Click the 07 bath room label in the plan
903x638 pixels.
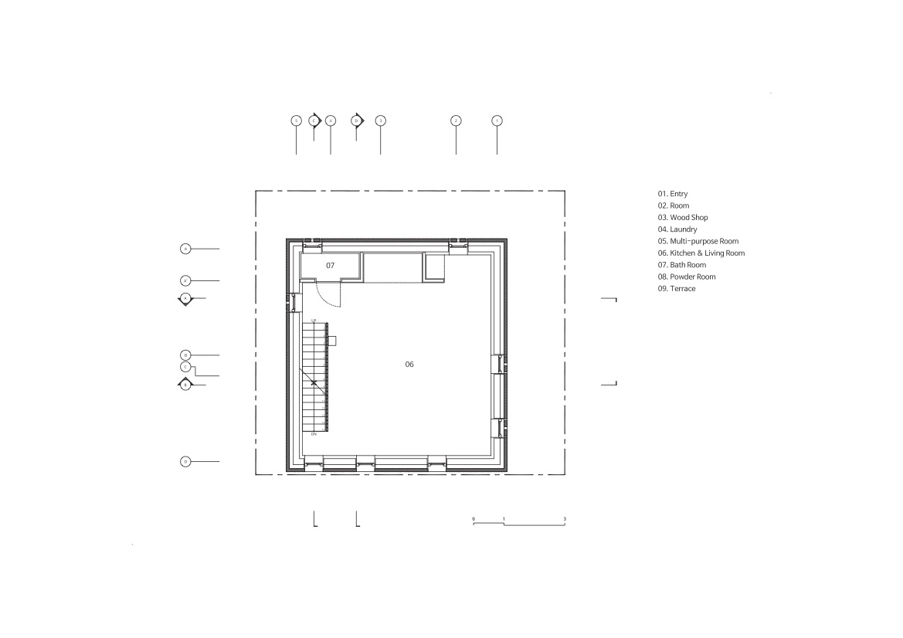330,265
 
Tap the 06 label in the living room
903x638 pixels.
409,363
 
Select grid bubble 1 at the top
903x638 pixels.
497,120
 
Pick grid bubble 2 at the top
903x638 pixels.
456,120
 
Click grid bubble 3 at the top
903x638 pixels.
380,120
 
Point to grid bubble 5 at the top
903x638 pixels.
297,120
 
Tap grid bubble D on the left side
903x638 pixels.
185,461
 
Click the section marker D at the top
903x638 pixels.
356,120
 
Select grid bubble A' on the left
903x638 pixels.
185,280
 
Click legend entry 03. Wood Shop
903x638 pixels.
683,218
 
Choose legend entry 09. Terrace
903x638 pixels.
677,288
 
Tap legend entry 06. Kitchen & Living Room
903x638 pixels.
701,253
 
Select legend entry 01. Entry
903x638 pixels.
673,194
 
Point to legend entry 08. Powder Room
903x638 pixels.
687,277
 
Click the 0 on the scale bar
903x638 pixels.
473,518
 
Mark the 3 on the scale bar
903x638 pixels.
565,518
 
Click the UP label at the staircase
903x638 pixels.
314,320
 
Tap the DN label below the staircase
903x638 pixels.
314,435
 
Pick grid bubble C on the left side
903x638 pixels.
185,367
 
